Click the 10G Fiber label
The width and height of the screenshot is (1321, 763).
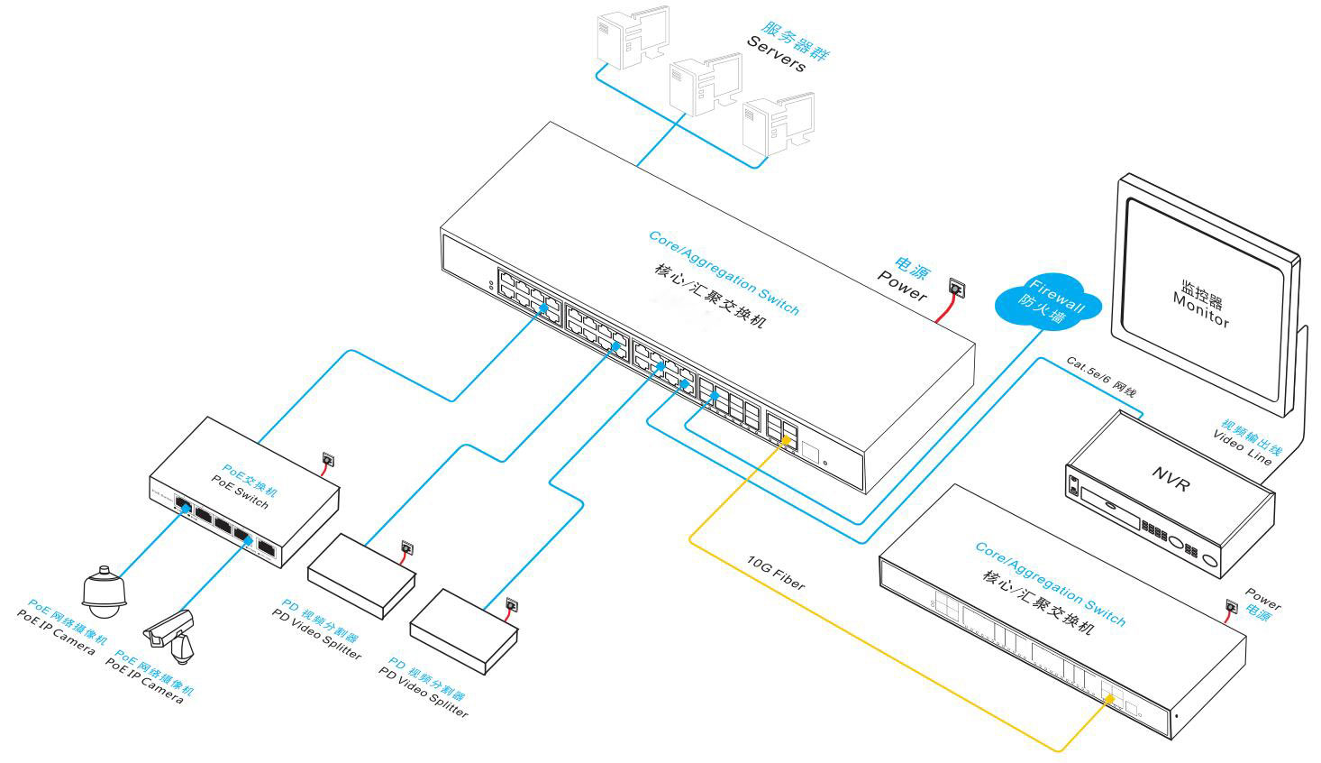[x=776, y=574]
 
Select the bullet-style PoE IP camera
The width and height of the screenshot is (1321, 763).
[x=172, y=632]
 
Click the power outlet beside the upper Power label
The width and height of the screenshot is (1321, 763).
[x=956, y=290]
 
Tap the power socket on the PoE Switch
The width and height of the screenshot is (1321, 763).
[x=328, y=460]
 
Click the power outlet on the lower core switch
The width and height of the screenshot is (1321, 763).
[x=1232, y=607]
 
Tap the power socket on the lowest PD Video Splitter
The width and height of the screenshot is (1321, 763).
[x=512, y=604]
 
